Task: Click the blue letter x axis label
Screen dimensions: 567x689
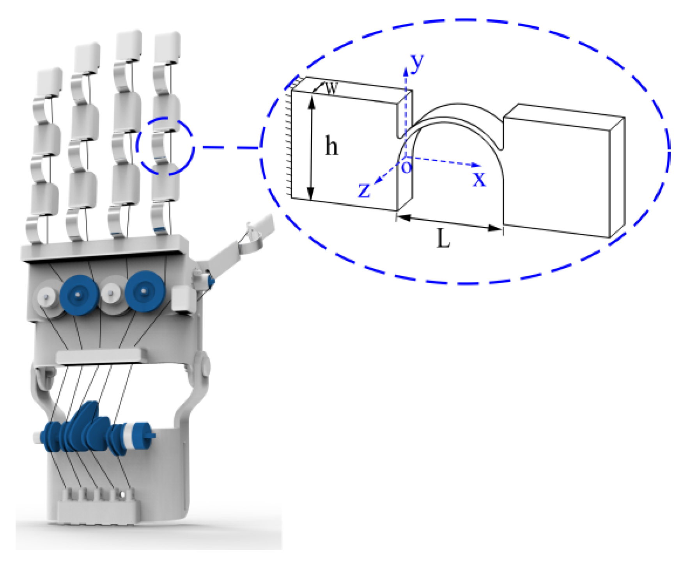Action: click(x=479, y=179)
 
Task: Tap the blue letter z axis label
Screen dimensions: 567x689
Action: click(x=364, y=190)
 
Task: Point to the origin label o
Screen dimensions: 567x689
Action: click(x=406, y=167)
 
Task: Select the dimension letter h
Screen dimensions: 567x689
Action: click(x=331, y=147)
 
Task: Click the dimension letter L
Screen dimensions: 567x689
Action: click(x=443, y=238)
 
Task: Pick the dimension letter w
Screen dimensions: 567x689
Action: click(x=331, y=88)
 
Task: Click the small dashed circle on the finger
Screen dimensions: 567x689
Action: click(x=165, y=146)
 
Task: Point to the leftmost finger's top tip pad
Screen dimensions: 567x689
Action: click(x=50, y=82)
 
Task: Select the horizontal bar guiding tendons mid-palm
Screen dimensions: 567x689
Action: click(x=99, y=356)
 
